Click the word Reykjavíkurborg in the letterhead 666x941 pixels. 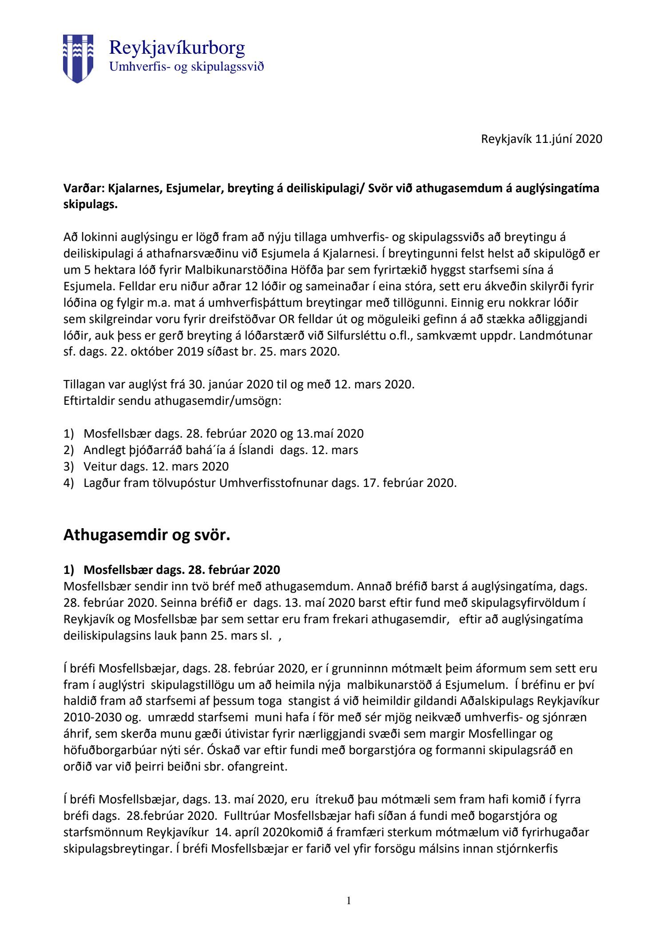[x=177, y=47]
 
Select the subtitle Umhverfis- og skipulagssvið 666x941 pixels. [x=186, y=67]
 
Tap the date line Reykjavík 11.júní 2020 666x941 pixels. [x=541, y=139]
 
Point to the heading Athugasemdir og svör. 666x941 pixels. [x=147, y=535]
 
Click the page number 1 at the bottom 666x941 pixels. [x=349, y=901]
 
